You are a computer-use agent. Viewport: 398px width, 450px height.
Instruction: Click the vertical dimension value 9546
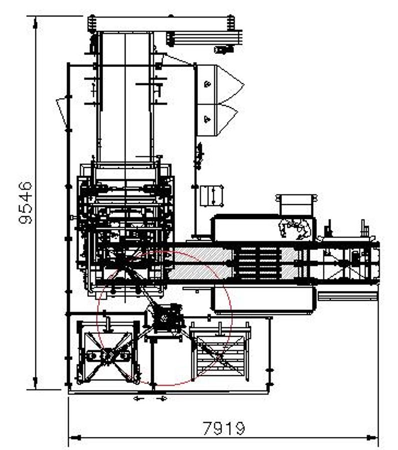27,202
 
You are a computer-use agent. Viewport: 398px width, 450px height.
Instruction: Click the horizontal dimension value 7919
224,428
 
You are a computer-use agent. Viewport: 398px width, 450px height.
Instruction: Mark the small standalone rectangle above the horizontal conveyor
211,195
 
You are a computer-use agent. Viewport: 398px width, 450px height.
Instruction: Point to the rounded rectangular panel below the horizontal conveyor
263,299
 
